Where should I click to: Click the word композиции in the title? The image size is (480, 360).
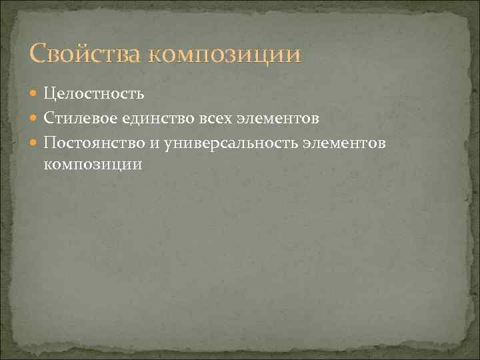click(x=225, y=55)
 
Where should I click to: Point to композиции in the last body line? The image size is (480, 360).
click(x=93, y=163)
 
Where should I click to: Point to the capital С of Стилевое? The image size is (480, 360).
click(x=49, y=118)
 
